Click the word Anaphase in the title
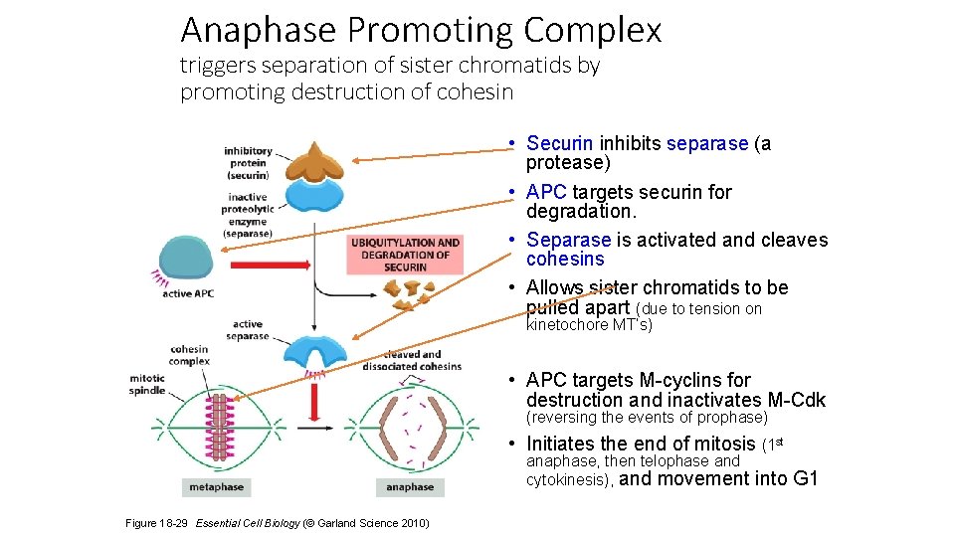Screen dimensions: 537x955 coord(258,30)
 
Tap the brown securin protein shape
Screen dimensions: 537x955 coord(314,158)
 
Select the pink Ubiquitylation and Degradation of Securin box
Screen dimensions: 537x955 coord(404,254)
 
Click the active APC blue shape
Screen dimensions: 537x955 coord(185,258)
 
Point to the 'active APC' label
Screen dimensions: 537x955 coord(188,293)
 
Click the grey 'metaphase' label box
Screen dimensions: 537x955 coord(216,486)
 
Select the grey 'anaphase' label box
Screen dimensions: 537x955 coord(410,486)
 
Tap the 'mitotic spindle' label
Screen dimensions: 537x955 coord(147,384)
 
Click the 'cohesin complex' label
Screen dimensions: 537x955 coord(189,355)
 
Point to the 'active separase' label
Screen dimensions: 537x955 coord(248,329)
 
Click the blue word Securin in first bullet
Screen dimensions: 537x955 coord(560,144)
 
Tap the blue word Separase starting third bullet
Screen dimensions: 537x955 coord(569,240)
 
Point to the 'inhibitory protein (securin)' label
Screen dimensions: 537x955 coord(248,163)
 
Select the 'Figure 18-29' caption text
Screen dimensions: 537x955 coord(157,523)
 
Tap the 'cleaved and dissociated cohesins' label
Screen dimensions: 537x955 coord(423,360)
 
